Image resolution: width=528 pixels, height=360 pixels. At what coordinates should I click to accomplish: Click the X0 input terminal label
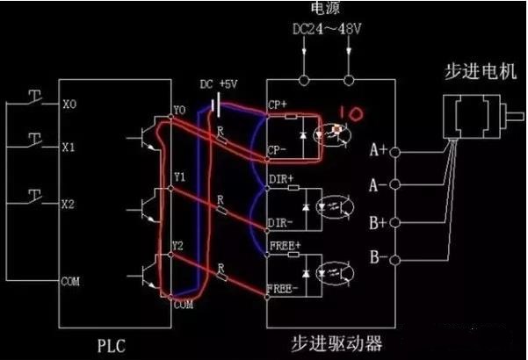[x=70, y=104]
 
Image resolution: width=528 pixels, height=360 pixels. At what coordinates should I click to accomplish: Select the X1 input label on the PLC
[x=70, y=148]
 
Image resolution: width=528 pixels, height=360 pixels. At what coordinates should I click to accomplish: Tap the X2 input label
[x=70, y=204]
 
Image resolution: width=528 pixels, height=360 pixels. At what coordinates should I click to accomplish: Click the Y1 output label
[x=179, y=176]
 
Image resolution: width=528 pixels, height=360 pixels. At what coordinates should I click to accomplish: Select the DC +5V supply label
[x=218, y=84]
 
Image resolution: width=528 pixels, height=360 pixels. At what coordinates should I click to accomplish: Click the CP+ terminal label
[x=277, y=104]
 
